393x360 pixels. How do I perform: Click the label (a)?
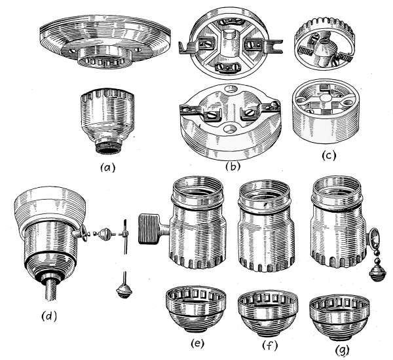(108, 168)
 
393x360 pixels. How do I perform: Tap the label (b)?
(233, 166)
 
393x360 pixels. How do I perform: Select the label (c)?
(329, 156)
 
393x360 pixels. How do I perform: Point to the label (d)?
(49, 316)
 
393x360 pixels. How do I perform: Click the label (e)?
(198, 344)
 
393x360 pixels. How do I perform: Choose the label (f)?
(270, 346)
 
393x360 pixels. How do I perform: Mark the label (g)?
(343, 350)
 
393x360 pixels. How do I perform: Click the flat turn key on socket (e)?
(149, 229)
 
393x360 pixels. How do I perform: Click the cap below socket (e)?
(196, 309)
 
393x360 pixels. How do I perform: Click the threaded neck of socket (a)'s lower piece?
(108, 149)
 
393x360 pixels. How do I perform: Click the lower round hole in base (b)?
(231, 128)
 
